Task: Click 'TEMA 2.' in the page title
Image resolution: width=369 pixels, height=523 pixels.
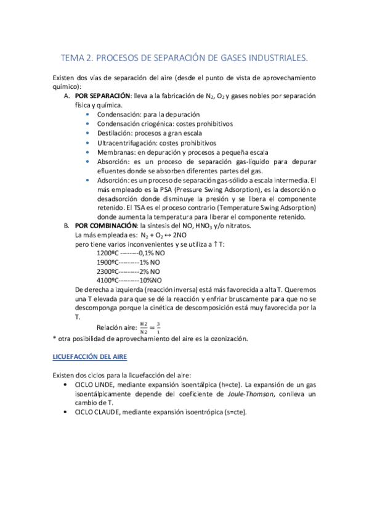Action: (x=76, y=58)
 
